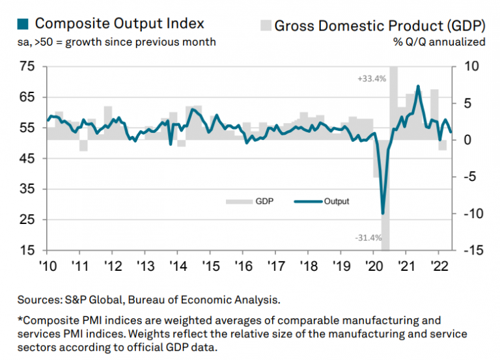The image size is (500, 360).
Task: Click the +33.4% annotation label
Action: (372, 79)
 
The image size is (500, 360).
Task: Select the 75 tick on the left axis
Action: (27, 66)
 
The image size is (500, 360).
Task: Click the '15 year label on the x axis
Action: (210, 266)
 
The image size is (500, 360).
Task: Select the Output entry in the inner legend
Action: (336, 201)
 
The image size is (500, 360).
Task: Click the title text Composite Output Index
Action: (119, 24)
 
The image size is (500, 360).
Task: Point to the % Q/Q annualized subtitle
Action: (439, 42)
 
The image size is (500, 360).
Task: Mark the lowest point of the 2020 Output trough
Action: (383, 213)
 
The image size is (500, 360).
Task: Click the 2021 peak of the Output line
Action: (417, 86)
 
